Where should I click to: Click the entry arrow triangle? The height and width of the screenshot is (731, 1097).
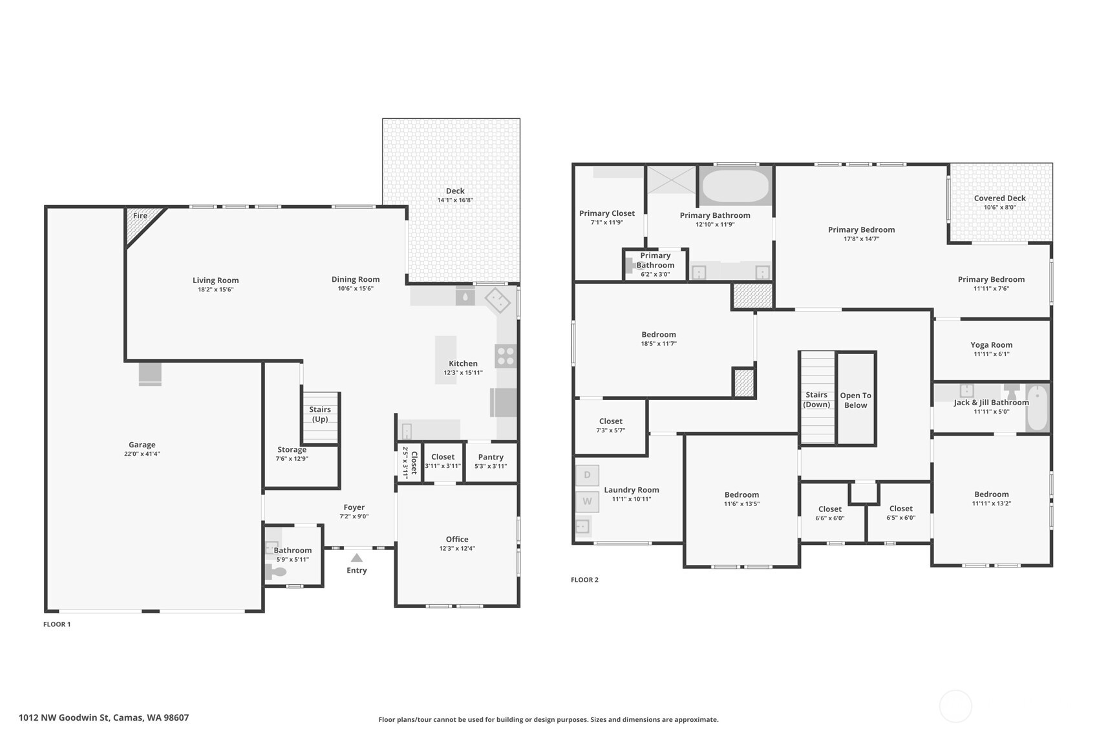(x=356, y=558)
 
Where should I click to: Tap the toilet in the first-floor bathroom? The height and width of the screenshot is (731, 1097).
(x=277, y=572)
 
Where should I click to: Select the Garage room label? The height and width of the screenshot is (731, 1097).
(x=142, y=445)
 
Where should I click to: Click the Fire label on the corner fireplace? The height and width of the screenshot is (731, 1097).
(x=140, y=216)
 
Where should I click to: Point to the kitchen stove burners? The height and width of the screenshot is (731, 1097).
(x=506, y=356)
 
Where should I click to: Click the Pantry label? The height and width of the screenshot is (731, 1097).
(x=491, y=457)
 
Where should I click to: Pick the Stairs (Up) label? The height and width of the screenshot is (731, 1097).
(x=320, y=414)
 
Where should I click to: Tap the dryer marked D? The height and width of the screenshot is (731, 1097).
(x=587, y=475)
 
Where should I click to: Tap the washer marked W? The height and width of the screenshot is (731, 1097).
(x=587, y=501)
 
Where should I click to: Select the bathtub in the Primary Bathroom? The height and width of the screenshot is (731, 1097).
(x=735, y=185)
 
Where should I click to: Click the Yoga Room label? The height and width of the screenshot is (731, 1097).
(x=991, y=345)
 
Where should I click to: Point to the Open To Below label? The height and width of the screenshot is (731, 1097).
(x=855, y=400)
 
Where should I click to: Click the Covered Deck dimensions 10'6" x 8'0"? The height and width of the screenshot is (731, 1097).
(x=999, y=207)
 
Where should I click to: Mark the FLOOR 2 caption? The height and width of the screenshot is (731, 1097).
(x=584, y=580)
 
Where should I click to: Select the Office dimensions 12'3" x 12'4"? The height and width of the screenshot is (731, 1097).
(x=456, y=548)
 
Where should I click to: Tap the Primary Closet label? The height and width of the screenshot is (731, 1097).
(x=606, y=213)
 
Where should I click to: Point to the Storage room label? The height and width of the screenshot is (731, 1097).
(x=292, y=450)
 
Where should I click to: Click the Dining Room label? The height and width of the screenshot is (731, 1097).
(x=356, y=279)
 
